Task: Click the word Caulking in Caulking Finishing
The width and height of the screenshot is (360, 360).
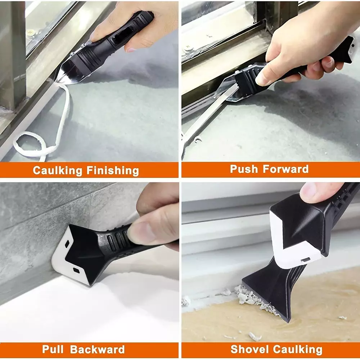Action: tap(58, 171)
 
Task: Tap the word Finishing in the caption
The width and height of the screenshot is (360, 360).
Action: tap(113, 171)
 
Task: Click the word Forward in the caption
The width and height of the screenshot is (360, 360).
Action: tap(285, 169)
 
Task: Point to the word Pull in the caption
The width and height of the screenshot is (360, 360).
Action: tap(53, 349)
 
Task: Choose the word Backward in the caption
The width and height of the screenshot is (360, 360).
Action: tap(97, 349)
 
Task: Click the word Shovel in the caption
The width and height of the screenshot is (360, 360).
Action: tap(249, 349)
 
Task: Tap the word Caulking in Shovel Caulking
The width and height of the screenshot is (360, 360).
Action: tap(298, 350)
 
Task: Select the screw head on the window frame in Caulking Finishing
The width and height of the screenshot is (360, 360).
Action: tap(30, 33)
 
